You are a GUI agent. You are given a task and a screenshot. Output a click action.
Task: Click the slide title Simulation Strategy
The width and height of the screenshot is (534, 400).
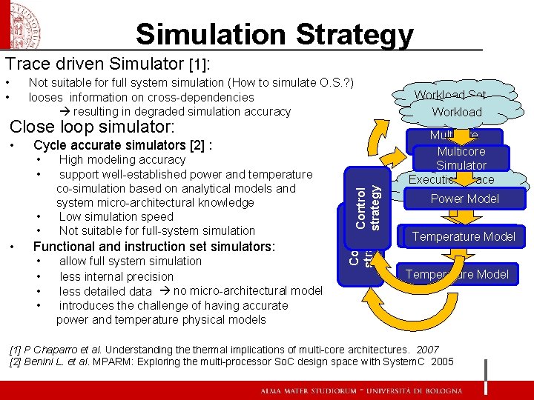pos(274,34)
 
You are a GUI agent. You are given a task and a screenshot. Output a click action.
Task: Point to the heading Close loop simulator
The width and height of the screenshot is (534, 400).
pos(92,127)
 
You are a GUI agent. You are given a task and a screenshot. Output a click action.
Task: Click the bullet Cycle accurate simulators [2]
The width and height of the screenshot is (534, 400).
pos(123,145)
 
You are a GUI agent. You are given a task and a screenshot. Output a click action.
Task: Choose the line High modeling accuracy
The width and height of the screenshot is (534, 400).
pos(122,159)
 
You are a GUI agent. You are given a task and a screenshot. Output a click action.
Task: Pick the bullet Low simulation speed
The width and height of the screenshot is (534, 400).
pos(116,216)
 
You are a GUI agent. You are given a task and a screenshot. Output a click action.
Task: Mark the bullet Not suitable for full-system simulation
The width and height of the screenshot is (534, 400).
pos(156,230)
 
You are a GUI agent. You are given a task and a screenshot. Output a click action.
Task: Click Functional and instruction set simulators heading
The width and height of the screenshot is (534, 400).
pos(154,246)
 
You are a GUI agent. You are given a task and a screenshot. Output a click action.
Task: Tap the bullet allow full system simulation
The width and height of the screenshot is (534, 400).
pos(130,261)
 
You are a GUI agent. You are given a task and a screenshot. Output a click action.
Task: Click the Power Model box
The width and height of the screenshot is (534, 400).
pos(465,199)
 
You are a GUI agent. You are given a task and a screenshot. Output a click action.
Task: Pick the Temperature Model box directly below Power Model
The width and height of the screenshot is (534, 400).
pos(464,236)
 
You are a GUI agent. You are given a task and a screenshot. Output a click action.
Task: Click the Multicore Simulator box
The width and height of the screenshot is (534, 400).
pos(461,159)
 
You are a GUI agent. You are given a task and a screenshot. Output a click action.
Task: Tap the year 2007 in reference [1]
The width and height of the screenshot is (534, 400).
pos(427,349)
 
